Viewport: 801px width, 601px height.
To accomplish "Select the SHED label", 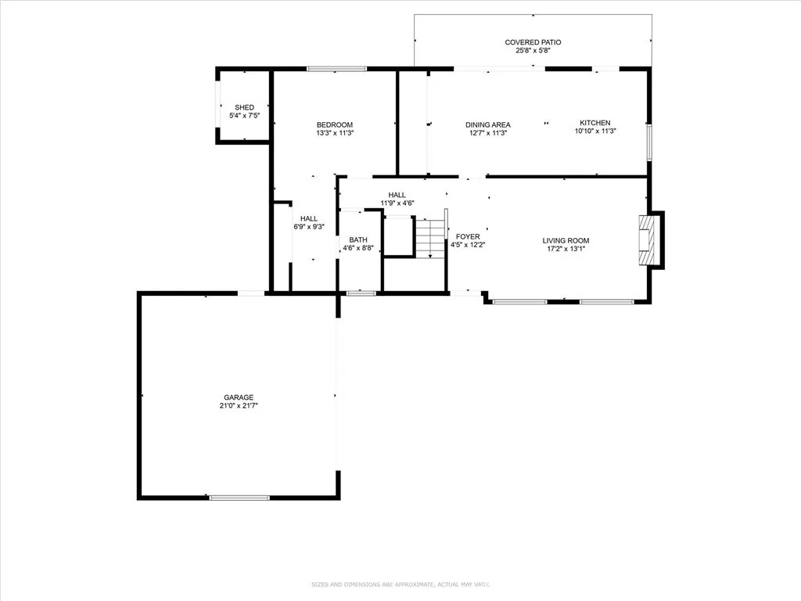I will [x=244, y=107].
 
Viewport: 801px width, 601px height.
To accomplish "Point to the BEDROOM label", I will [x=334, y=124].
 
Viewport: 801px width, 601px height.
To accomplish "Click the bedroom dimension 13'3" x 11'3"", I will [x=334, y=133].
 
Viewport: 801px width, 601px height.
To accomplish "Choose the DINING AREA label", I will [x=487, y=124].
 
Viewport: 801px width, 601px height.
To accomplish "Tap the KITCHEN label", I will [x=594, y=123].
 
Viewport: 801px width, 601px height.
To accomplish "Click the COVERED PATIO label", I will [x=533, y=42].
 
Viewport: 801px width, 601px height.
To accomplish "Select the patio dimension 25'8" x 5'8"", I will [x=533, y=51].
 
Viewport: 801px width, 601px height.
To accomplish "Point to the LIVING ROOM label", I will [x=566, y=240].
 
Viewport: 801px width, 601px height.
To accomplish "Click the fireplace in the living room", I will [x=648, y=240].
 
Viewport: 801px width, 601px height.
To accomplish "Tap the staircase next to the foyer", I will [x=429, y=238].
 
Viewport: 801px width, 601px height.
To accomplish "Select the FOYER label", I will [x=468, y=236].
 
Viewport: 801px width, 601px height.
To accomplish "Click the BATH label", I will [x=358, y=240].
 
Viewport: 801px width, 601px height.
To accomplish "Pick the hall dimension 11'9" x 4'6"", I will [x=397, y=203].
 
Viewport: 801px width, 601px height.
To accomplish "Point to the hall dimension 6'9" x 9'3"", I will [x=309, y=227].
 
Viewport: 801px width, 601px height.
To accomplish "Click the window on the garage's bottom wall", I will [x=239, y=497].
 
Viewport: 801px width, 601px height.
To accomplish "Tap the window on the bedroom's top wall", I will [x=336, y=69].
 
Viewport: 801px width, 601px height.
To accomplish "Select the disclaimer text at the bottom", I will [x=400, y=585].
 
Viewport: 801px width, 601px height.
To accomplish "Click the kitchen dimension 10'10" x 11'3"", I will [x=594, y=131].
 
